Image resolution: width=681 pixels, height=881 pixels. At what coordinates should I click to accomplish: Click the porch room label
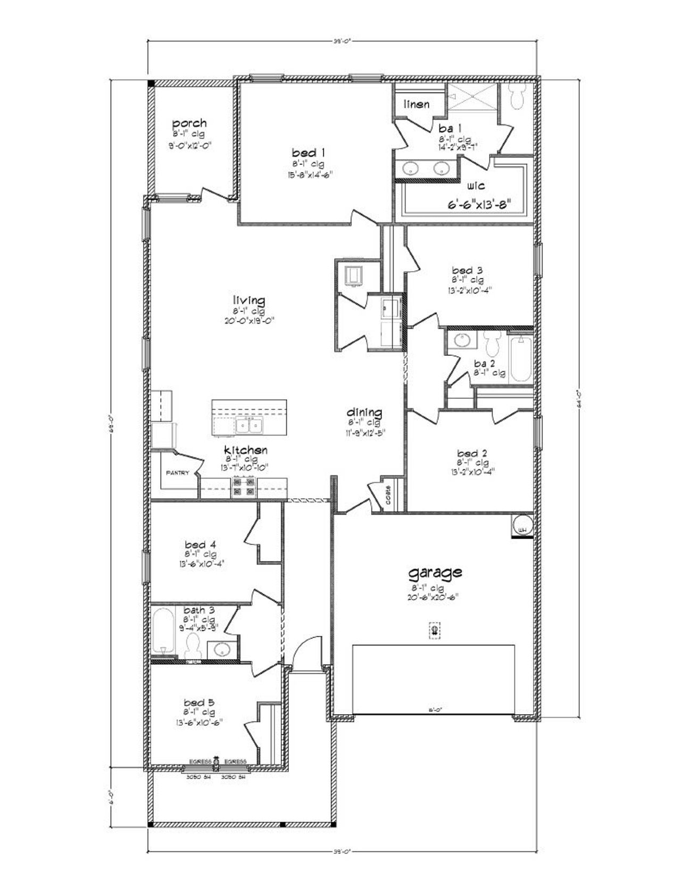[x=189, y=123]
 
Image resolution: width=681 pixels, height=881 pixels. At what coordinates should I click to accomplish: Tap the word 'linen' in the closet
[x=417, y=104]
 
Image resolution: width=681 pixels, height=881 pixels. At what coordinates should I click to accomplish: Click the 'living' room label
[x=248, y=301]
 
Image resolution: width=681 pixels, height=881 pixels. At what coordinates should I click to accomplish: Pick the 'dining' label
[x=364, y=412]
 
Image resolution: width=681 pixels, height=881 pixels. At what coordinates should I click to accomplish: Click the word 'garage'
[x=435, y=573]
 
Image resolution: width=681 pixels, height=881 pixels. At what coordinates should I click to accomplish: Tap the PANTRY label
[x=177, y=473]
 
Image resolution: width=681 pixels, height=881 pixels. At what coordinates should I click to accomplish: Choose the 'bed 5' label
[x=200, y=702]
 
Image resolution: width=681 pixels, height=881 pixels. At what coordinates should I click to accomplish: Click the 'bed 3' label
[x=467, y=270]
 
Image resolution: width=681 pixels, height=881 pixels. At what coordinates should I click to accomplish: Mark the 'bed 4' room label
[x=200, y=544]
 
